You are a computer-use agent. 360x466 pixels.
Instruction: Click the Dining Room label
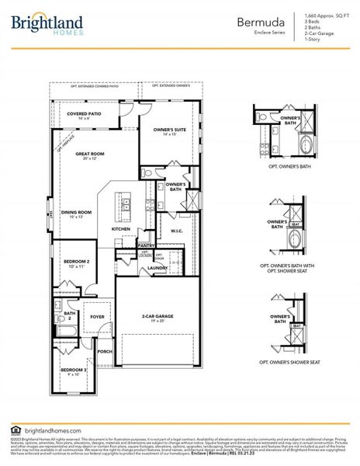click(x=76, y=214)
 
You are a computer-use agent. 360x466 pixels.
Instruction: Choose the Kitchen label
click(x=120, y=229)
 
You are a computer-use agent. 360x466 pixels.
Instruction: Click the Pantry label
click(x=145, y=245)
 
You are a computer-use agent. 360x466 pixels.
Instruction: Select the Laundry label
click(x=157, y=268)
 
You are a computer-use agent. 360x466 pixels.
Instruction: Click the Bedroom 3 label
click(x=73, y=371)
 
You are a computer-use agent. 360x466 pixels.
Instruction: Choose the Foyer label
click(x=97, y=317)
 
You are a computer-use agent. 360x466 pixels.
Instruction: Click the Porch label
click(x=104, y=351)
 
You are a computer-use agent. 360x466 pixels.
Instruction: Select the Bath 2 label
click(x=68, y=316)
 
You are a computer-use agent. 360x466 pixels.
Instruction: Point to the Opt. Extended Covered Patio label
click(x=95, y=86)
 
